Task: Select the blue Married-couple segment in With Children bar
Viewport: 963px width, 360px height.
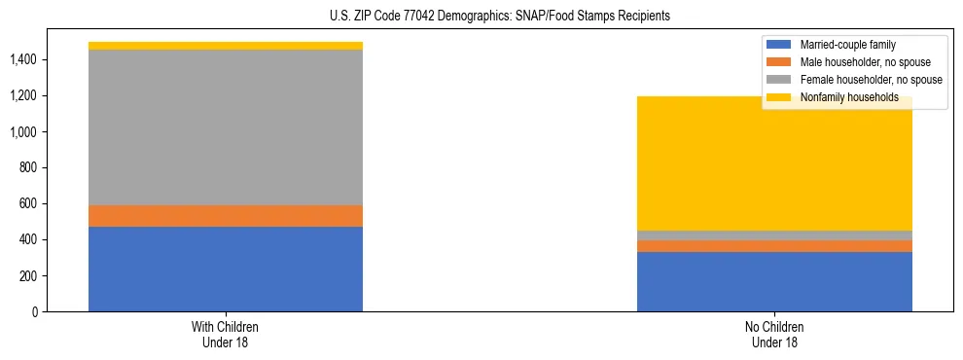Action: coord(226,269)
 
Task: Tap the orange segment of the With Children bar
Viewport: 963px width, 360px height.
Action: coord(226,216)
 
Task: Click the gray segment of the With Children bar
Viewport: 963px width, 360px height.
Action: coord(226,127)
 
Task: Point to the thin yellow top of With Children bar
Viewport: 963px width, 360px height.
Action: coord(226,46)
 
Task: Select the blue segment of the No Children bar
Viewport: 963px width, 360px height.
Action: coord(774,281)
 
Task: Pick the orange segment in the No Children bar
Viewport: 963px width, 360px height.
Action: coord(774,246)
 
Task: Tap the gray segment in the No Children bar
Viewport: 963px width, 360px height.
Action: coord(774,235)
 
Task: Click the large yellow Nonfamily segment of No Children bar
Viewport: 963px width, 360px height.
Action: coord(774,163)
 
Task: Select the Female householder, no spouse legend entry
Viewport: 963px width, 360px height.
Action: coord(856,80)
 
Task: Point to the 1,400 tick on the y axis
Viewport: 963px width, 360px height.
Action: coord(24,60)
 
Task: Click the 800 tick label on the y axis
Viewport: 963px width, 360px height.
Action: coord(29,168)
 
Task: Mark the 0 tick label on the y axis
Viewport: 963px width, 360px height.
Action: coord(35,312)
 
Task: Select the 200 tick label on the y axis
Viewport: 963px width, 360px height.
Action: coord(29,276)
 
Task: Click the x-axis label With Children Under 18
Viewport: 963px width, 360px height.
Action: coord(226,334)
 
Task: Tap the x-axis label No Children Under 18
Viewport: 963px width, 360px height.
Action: coord(774,334)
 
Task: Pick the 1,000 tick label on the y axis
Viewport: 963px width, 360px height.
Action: coord(24,132)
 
